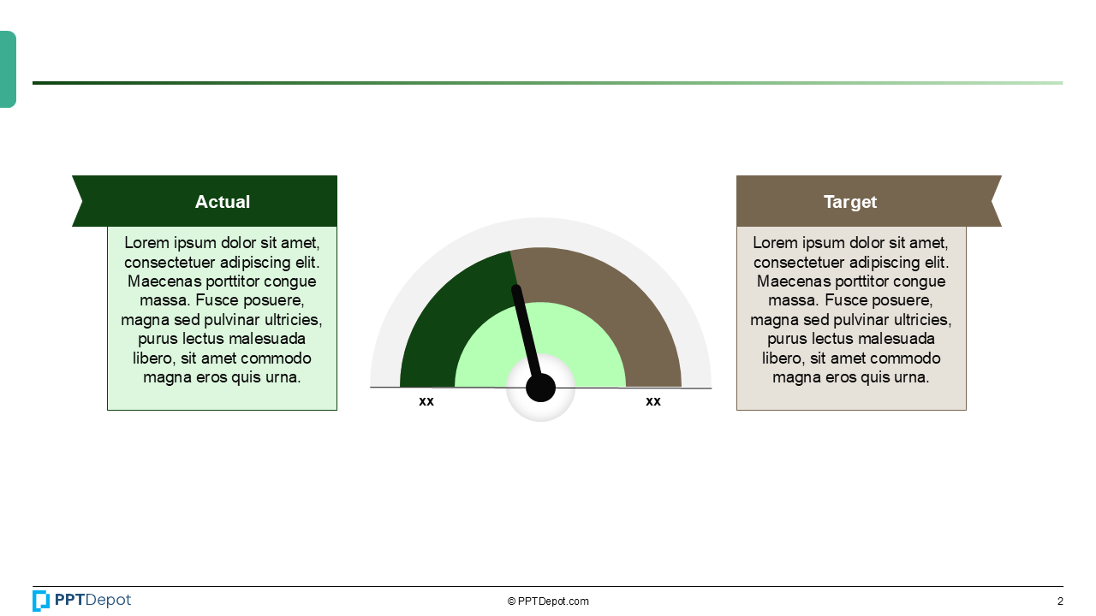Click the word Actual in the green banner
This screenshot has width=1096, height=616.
[223, 202]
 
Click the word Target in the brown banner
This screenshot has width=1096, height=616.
[850, 202]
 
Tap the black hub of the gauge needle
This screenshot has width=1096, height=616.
[540, 388]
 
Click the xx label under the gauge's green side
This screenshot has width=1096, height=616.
[426, 401]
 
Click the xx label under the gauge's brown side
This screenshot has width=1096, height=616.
[653, 401]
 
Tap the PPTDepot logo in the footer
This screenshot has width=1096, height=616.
[82, 601]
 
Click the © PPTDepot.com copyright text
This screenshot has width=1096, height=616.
[548, 601]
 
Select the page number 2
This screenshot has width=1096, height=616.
[1060, 601]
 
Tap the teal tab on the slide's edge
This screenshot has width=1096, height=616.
[8, 69]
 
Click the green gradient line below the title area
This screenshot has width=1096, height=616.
[548, 83]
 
